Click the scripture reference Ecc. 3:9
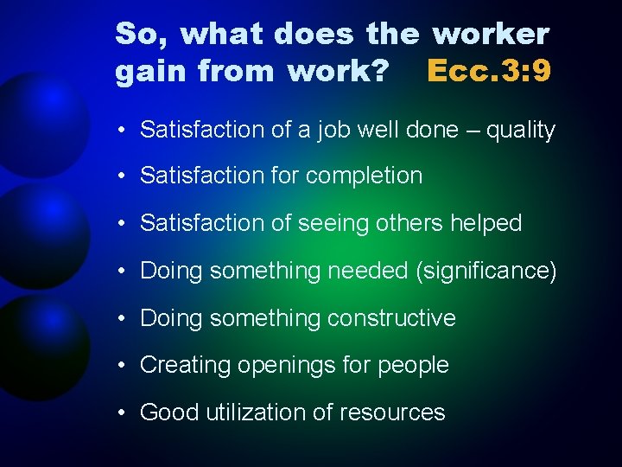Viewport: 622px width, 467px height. pos(489,70)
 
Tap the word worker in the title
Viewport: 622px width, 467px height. pos(491,34)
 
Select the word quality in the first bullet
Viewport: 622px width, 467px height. pos(521,131)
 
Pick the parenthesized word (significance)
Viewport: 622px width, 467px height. pos(486,272)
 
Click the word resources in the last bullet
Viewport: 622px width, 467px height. pos(394,413)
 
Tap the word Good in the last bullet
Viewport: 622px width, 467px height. pos(169,413)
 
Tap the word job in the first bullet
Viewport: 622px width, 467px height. pos(329,131)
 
